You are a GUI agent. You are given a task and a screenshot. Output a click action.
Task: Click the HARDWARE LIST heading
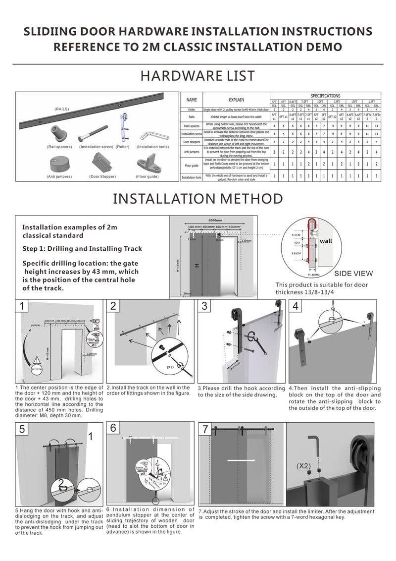pyautogui.click(x=198, y=76)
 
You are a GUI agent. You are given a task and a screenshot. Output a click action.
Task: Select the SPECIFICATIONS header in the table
pyautogui.click(x=325, y=95)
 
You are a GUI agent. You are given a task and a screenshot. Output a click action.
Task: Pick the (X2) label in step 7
pyautogui.click(x=304, y=466)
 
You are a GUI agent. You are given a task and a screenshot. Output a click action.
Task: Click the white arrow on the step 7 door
pyautogui.click(x=241, y=460)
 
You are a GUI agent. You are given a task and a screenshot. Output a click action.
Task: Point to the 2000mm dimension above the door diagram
pyautogui.click(x=215, y=221)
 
